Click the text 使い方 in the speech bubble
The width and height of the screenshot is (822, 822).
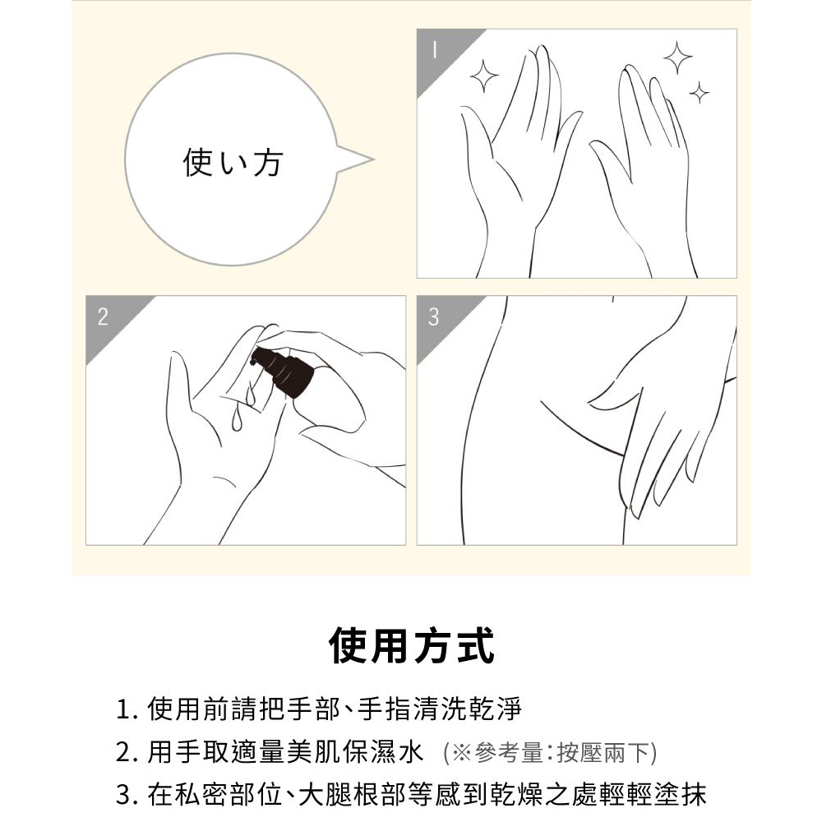233,161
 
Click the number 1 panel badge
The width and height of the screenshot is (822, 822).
435,50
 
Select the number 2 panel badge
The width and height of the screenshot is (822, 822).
103,316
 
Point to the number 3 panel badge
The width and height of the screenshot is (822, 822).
433,316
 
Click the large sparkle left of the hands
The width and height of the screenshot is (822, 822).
484,76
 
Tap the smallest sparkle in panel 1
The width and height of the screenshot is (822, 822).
699,94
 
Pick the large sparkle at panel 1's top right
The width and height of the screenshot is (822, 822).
678,58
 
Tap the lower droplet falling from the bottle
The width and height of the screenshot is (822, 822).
237,419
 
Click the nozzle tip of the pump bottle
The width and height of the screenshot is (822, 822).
253,361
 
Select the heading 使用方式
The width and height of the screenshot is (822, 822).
411,645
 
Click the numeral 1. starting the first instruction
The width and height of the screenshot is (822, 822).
127,709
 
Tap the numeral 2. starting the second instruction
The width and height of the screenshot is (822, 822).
127,752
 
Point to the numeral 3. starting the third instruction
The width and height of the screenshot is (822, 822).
127,795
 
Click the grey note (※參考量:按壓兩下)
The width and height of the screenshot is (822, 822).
549,753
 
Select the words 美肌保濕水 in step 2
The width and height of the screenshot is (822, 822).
354,752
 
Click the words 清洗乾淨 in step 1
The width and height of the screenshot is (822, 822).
468,709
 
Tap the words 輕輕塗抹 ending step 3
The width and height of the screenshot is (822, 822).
652,795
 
